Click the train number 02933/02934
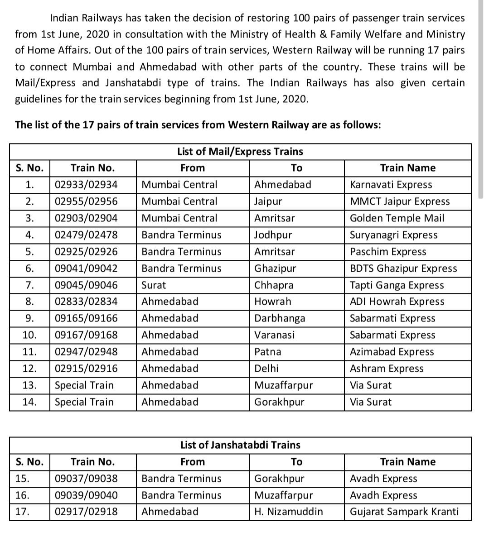point(86,185)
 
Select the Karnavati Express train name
point(391,185)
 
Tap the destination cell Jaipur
point(268,201)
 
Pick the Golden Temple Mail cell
point(397,218)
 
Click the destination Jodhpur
point(273,235)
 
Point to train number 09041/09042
point(86,268)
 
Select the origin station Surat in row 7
point(154,285)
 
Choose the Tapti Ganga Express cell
point(397,285)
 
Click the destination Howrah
point(273,302)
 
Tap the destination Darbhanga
point(280,318)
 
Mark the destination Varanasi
point(275,335)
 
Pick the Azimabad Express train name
point(392,352)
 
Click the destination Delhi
point(266,369)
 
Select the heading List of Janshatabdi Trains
point(240,445)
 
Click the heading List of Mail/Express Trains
point(240,152)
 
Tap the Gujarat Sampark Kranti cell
point(404,512)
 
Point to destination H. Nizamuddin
point(289,512)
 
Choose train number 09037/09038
point(86,479)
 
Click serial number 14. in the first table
point(29,402)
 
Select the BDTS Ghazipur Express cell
point(404,268)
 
